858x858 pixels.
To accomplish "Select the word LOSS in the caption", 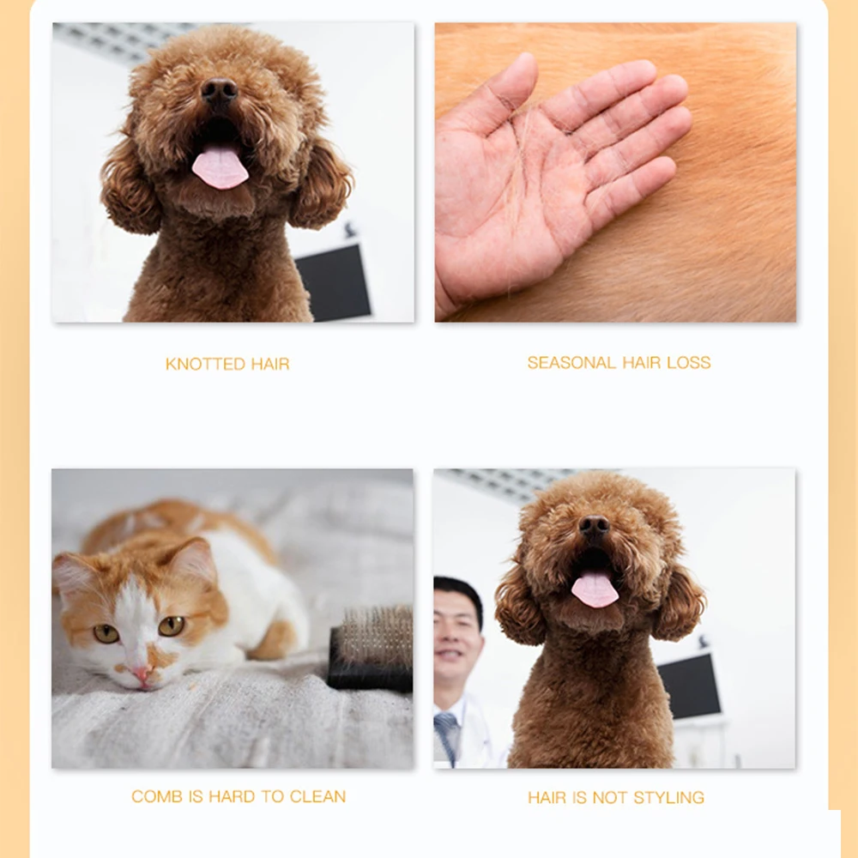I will [x=689, y=363].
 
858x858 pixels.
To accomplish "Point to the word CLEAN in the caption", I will [x=317, y=797].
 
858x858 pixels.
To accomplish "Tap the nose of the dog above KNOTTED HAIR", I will [x=220, y=89].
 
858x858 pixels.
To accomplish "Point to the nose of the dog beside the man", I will [x=594, y=526].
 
